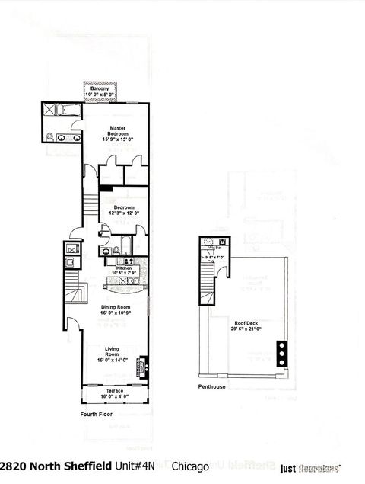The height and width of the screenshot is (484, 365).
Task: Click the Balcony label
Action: point(100,89)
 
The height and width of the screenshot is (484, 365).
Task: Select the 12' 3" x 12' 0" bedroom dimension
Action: point(124,213)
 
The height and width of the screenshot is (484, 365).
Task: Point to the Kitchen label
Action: point(122,268)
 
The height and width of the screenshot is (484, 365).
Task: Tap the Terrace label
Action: point(116,390)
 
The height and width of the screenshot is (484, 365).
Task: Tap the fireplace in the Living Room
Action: point(140,367)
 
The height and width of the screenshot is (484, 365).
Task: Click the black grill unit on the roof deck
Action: point(282,354)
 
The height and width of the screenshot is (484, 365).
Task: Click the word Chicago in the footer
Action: point(190,465)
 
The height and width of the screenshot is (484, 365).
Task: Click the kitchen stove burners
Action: point(134,280)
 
